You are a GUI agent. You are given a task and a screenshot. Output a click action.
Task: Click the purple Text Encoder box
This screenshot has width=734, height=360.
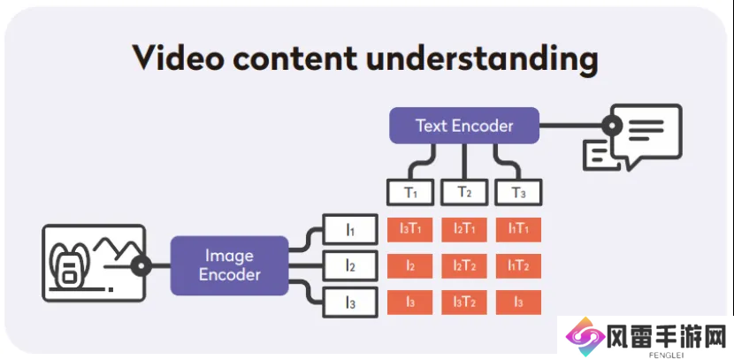tap(464, 126)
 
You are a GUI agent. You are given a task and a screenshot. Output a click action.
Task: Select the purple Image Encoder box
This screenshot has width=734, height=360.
tap(229, 265)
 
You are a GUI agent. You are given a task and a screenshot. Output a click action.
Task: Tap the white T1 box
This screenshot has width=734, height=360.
tap(410, 192)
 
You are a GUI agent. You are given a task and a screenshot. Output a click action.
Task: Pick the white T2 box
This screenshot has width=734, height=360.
tap(464, 192)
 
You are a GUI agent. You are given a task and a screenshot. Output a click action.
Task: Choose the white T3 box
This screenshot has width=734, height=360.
tap(519, 192)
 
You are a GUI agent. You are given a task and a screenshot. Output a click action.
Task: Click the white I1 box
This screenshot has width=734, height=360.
tap(350, 229)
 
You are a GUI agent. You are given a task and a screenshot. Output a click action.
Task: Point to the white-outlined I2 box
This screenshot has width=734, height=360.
tap(350, 265)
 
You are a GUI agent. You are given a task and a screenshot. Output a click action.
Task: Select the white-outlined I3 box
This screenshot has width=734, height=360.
tap(350, 303)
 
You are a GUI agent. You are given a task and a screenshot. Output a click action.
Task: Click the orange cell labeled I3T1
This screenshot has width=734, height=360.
tap(410, 229)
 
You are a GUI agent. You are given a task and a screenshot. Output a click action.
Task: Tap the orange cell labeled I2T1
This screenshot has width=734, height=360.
tap(464, 229)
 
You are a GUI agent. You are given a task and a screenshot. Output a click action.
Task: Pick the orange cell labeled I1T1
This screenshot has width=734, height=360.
tap(519, 229)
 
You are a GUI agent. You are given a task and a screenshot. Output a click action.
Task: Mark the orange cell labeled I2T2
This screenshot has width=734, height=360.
tap(464, 266)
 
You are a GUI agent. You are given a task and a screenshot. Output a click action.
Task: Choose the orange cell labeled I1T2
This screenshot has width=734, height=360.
tap(519, 266)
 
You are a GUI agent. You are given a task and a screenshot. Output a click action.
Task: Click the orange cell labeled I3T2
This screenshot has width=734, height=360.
tap(464, 303)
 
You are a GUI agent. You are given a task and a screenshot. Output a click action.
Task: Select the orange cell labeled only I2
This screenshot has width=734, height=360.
tap(410, 266)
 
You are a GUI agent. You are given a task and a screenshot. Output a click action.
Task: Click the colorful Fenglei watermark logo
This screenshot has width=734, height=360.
tap(585, 337)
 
